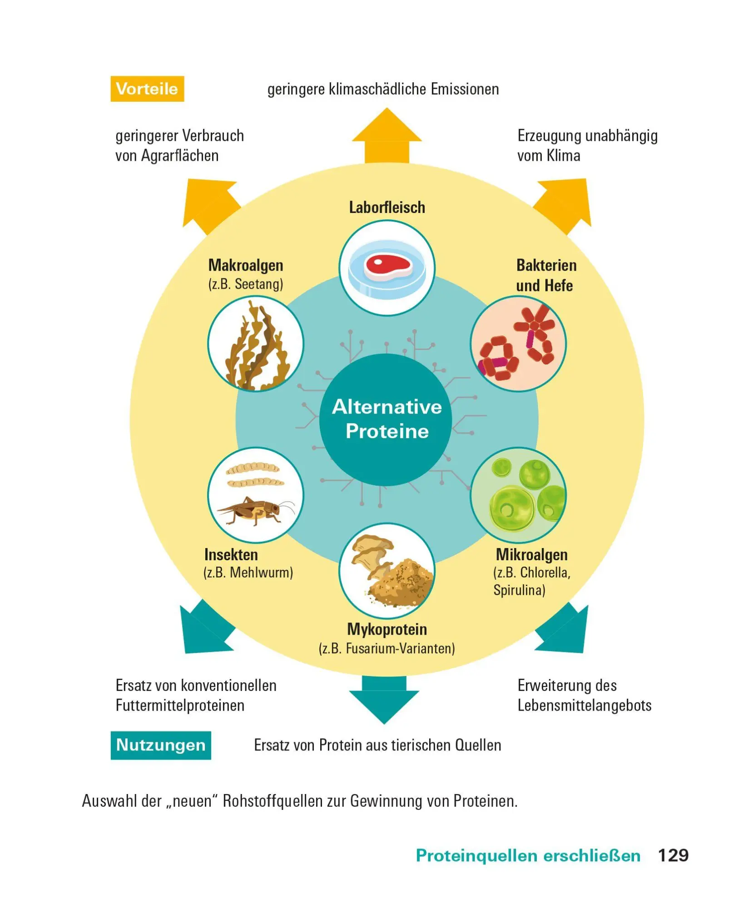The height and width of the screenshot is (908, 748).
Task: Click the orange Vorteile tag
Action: tap(147, 89)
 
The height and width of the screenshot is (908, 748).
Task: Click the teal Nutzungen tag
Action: tap(161, 745)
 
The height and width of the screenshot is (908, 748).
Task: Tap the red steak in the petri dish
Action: tap(387, 266)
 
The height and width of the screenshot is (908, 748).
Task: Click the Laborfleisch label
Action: tap(387, 207)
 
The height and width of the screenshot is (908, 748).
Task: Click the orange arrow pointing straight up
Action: tap(387, 136)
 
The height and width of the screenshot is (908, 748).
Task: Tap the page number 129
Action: tap(673, 855)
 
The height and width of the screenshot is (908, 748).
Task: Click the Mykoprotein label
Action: tap(387, 629)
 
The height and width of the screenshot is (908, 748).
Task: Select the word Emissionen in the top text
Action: tap(465, 89)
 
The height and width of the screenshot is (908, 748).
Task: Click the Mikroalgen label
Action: tap(531, 554)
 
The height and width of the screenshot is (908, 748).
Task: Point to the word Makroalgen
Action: tap(246, 265)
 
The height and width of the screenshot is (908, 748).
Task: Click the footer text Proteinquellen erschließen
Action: tap(528, 856)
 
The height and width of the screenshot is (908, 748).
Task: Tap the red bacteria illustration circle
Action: tap(518, 344)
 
